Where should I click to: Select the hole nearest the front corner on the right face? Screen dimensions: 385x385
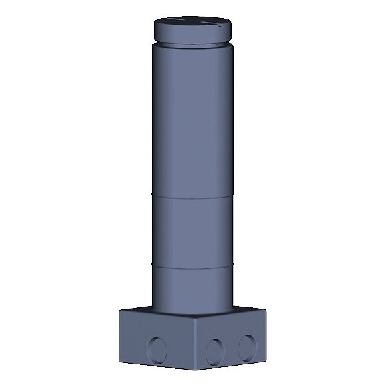(x=214, y=350)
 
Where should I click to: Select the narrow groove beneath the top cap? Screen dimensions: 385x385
(x=193, y=44)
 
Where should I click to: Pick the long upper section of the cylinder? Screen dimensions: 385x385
(x=193, y=119)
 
